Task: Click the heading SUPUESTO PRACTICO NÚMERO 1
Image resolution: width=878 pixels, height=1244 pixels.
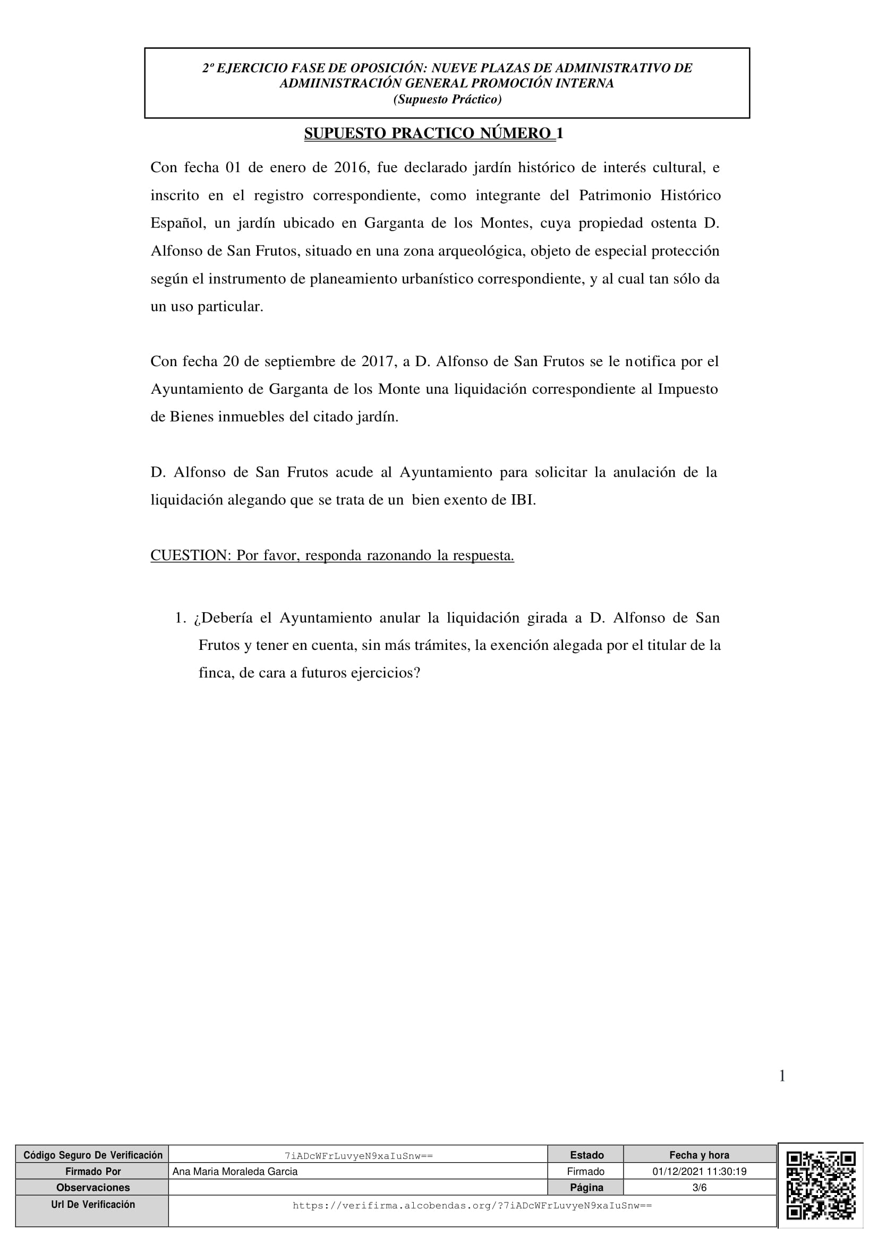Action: click(433, 133)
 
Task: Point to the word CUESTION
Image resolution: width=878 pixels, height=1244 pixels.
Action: click(190, 555)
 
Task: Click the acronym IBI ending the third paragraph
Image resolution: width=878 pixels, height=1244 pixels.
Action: click(523, 500)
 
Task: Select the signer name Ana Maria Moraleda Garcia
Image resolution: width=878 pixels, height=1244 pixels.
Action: click(235, 1171)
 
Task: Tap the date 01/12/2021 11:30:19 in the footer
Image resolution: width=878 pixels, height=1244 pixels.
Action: click(699, 1171)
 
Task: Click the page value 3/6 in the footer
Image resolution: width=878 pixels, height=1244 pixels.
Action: click(699, 1188)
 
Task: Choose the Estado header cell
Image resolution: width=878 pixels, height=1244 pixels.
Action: click(586, 1155)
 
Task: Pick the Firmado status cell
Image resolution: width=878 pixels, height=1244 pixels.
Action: click(585, 1171)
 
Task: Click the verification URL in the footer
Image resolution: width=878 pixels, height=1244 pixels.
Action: click(472, 1206)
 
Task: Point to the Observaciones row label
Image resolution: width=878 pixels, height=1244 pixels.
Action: click(92, 1188)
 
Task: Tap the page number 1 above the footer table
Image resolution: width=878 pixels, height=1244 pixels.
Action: click(781, 1076)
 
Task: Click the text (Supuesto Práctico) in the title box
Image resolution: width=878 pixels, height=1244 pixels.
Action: click(447, 99)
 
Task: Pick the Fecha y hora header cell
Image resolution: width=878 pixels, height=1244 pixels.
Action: click(699, 1155)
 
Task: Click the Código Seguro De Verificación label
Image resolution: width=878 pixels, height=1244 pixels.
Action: click(92, 1155)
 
